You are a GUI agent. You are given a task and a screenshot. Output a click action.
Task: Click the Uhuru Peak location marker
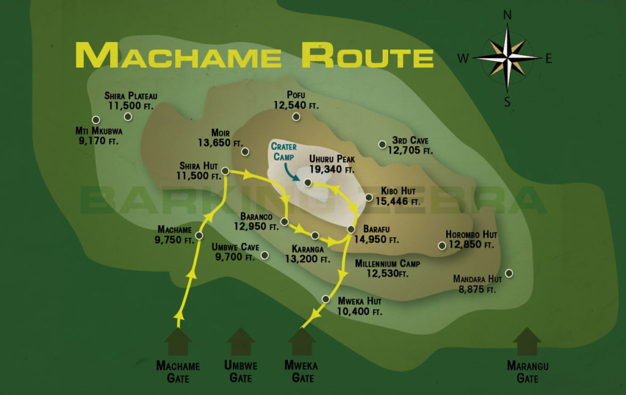click(x=308, y=183)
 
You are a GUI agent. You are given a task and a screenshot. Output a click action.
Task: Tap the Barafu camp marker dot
click(x=351, y=229)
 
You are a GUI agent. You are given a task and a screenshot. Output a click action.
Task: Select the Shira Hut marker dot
click(x=225, y=171)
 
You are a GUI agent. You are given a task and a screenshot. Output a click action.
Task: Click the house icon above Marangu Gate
click(x=527, y=341)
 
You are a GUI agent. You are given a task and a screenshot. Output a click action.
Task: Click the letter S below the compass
click(x=507, y=102)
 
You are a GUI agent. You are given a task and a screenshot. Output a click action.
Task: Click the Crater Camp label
click(x=284, y=152)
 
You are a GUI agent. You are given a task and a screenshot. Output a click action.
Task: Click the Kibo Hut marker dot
click(x=369, y=197)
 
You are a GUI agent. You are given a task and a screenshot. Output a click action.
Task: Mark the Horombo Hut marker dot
click(x=442, y=246)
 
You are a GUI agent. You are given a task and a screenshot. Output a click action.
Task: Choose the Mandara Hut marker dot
click(x=509, y=273)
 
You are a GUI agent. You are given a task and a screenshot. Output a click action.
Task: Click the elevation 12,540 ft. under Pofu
click(x=296, y=106)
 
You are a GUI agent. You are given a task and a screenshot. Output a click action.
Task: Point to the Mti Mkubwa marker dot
click(x=95, y=120)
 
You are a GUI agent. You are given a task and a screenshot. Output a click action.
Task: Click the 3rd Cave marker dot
click(x=382, y=144)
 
